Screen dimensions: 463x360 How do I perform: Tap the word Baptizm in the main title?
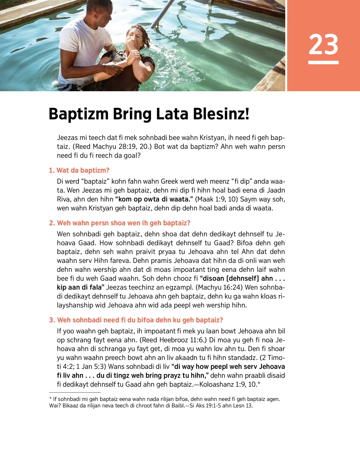coord(79,114)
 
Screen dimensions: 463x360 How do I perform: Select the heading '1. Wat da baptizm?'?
coord(79,170)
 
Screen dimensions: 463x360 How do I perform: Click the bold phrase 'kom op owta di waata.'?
coord(154,199)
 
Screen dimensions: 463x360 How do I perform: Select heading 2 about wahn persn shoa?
coord(120,223)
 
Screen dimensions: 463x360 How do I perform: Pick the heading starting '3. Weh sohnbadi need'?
coord(136,320)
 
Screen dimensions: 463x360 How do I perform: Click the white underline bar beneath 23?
coord(323,62)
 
